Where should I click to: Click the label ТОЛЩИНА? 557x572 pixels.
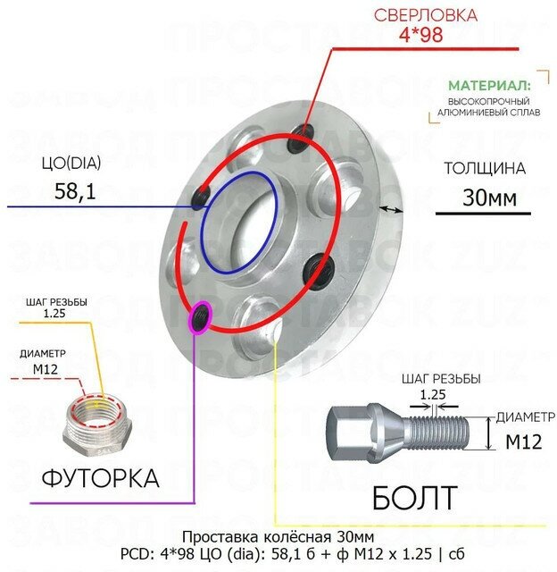[x=484, y=169]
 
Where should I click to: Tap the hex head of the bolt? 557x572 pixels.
[x=358, y=432]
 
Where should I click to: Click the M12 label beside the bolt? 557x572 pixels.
[x=524, y=441]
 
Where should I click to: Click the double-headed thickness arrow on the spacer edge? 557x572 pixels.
[x=390, y=209]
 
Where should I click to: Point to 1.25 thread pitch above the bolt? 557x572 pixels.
[x=434, y=391]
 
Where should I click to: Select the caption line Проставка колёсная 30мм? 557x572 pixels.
[x=278, y=537]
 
